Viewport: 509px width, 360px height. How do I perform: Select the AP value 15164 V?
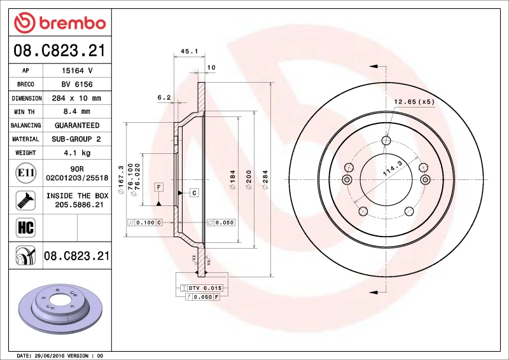tap(77, 71)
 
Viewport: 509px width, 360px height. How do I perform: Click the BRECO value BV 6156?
tap(77, 84)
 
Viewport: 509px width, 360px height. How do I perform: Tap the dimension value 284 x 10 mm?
tap(77, 98)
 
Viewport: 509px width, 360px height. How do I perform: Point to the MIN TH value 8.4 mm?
tap(77, 111)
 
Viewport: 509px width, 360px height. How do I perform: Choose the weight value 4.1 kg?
tap(77, 153)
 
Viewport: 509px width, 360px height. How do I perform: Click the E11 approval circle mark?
tap(25, 172)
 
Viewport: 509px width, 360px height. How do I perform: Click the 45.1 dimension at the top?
tap(190, 51)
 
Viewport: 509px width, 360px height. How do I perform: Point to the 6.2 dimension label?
tap(164, 97)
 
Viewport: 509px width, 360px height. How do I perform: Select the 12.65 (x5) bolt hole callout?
tap(414, 101)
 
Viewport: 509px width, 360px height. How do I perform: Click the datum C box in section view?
tap(194, 192)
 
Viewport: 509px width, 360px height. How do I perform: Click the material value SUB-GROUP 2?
tap(77, 139)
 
